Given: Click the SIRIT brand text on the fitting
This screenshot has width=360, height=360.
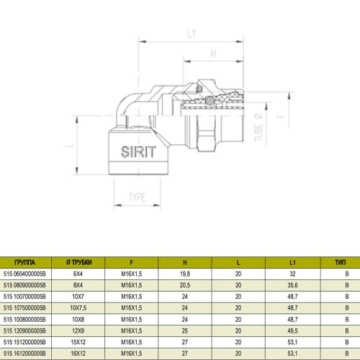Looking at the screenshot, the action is pos(138,152).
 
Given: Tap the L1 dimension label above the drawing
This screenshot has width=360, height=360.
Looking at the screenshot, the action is pos(192,34).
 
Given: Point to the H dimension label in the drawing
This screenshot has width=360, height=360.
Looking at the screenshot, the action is pos(213,53).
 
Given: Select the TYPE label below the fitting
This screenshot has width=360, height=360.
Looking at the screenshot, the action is pos(138,197).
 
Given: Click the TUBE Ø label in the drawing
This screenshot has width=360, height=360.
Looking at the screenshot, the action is pos(258,127).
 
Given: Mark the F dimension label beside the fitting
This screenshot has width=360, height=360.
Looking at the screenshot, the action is pos(281,116).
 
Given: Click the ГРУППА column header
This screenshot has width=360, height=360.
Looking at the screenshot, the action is pos(24,263).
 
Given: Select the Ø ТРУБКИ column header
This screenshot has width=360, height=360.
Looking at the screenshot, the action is pos(79,263).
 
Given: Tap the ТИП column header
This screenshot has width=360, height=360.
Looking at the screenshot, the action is pos(341,263).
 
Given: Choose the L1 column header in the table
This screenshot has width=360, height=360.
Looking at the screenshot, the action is pos(292,263).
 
